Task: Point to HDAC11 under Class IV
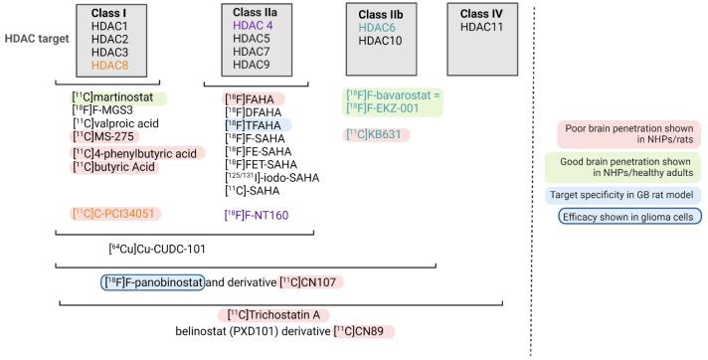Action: (x=481, y=27)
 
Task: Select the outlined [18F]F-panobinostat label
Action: (x=153, y=282)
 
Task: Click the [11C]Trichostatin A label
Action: (x=268, y=315)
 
